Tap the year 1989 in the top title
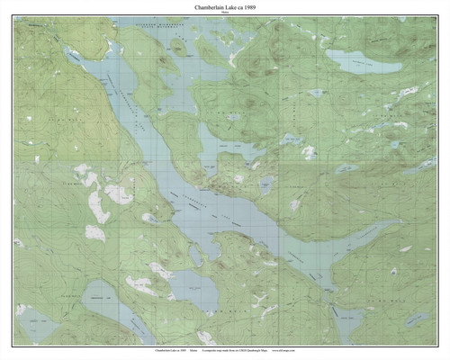coord(252,8)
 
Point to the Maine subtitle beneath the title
coord(225,14)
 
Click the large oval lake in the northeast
coord(364,61)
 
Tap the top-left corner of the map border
coord(13,21)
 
